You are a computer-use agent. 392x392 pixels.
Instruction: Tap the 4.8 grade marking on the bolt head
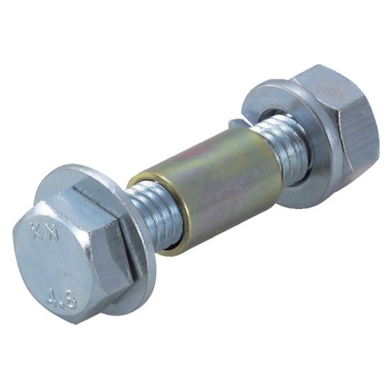61,299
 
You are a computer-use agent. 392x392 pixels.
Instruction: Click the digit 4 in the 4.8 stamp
51,296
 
